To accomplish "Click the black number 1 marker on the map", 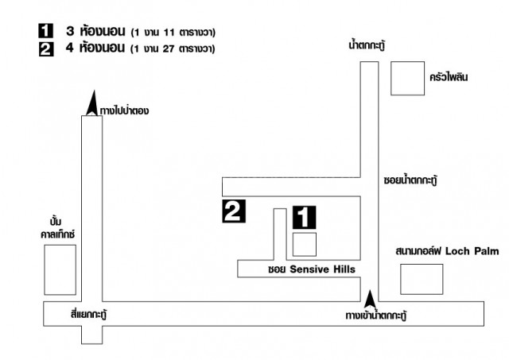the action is (304, 217).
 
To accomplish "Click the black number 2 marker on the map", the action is (234, 211).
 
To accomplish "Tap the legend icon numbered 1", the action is (46, 31).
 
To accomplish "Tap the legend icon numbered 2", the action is (46, 49).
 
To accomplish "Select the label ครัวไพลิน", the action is (449, 77).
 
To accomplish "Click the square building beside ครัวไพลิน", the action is (407, 78).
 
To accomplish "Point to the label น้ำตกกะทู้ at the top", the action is (367, 45).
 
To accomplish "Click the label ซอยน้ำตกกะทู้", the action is (410, 180).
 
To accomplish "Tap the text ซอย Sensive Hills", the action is (312, 269).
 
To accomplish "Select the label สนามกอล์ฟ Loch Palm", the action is (447, 251).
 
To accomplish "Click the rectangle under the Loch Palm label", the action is (422, 279).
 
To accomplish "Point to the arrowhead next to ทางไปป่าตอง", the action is (93, 103).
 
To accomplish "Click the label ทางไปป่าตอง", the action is (124, 110).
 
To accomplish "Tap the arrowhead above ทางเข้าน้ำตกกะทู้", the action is (370, 299).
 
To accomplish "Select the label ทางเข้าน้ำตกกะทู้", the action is (376, 315).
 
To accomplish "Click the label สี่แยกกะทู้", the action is (89, 314).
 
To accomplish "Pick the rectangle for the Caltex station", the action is (60, 270).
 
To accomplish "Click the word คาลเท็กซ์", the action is (58, 234).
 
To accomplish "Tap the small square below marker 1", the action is (305, 245).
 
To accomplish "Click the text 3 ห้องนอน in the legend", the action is (95, 31).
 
